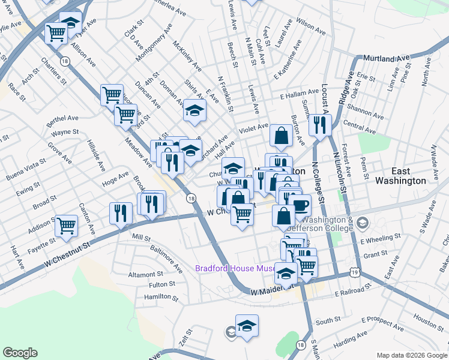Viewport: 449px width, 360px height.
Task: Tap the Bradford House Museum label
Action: point(235,268)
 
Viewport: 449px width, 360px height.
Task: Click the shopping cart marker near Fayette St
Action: point(67,226)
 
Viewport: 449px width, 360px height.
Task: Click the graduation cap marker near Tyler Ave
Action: point(71,23)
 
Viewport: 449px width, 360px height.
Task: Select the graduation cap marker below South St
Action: point(247,326)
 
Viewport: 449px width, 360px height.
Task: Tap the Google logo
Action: point(20,353)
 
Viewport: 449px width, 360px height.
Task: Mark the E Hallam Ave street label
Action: point(299,95)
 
